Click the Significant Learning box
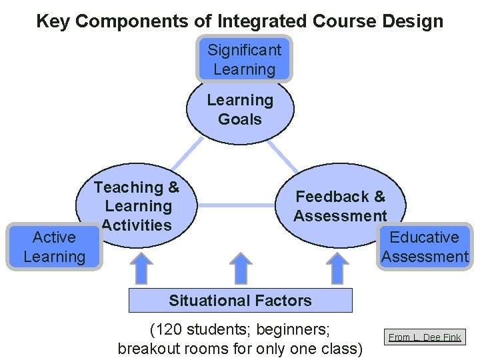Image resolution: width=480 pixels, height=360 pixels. click(x=244, y=59)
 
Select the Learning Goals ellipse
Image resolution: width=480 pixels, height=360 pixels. click(x=240, y=111)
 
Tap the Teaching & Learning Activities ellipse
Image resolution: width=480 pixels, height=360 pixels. click(x=139, y=206)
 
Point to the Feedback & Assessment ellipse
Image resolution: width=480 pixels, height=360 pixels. click(x=340, y=206)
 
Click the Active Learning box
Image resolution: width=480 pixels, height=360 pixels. click(x=54, y=247)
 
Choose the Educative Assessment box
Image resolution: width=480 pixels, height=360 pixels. click(x=425, y=247)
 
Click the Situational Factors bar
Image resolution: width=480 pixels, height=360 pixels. click(x=240, y=301)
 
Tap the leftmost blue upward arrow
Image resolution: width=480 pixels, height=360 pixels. click(x=139, y=268)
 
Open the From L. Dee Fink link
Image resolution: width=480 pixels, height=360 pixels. click(x=425, y=337)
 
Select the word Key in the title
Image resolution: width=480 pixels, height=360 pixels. click(x=53, y=21)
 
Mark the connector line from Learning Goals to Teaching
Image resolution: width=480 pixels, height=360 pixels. click(x=187, y=154)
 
